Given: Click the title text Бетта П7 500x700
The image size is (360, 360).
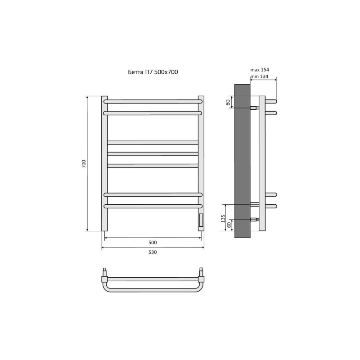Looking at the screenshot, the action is [153, 72].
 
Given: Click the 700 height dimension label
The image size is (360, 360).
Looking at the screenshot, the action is [84, 163].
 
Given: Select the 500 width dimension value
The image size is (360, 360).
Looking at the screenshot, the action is [153, 243].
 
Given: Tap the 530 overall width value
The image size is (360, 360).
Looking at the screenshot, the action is [153, 252].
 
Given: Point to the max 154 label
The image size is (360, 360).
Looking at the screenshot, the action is [260, 70].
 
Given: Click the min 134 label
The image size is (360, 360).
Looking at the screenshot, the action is [259, 76].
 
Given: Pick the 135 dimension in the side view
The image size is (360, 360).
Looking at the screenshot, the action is [223, 219].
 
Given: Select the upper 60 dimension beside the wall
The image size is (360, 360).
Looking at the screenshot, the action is [228, 103].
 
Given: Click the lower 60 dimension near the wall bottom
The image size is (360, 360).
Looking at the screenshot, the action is [229, 225].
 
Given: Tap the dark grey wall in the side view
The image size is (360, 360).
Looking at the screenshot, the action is [242, 161].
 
